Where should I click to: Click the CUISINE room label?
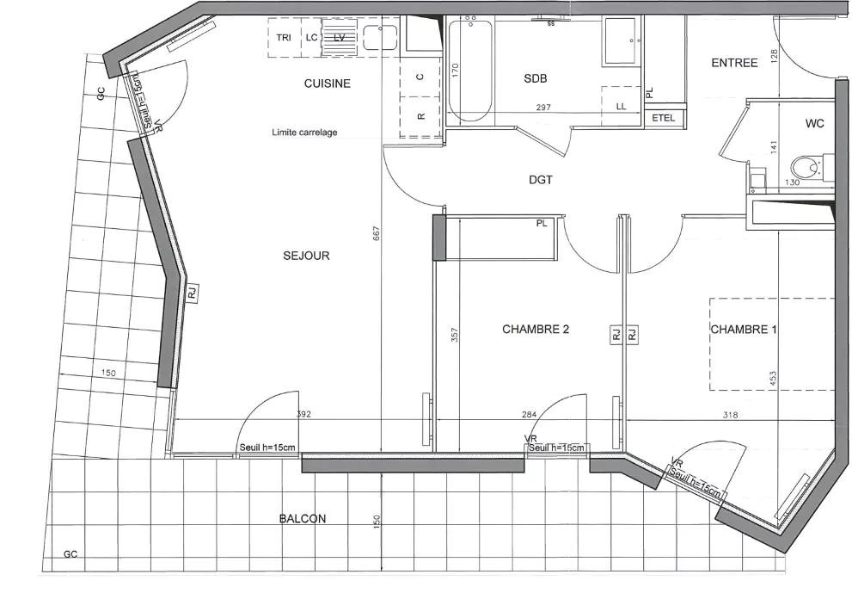click(x=327, y=83)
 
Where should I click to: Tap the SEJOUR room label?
click(x=306, y=256)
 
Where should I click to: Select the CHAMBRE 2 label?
click(x=536, y=329)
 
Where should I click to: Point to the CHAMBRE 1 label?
click(x=744, y=329)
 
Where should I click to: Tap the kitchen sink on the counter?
click(x=379, y=38)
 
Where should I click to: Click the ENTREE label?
click(x=734, y=63)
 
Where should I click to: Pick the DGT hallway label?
click(x=541, y=180)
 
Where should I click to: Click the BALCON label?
click(x=302, y=518)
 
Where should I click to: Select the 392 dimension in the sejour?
click(x=303, y=415)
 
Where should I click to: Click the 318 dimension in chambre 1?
click(x=730, y=415)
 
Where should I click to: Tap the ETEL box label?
click(x=664, y=117)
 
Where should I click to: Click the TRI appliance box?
click(x=284, y=37)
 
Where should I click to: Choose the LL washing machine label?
click(x=621, y=106)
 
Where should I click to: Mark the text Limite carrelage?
click(x=304, y=133)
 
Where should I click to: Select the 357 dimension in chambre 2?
click(x=454, y=334)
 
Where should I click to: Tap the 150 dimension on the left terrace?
click(x=108, y=374)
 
